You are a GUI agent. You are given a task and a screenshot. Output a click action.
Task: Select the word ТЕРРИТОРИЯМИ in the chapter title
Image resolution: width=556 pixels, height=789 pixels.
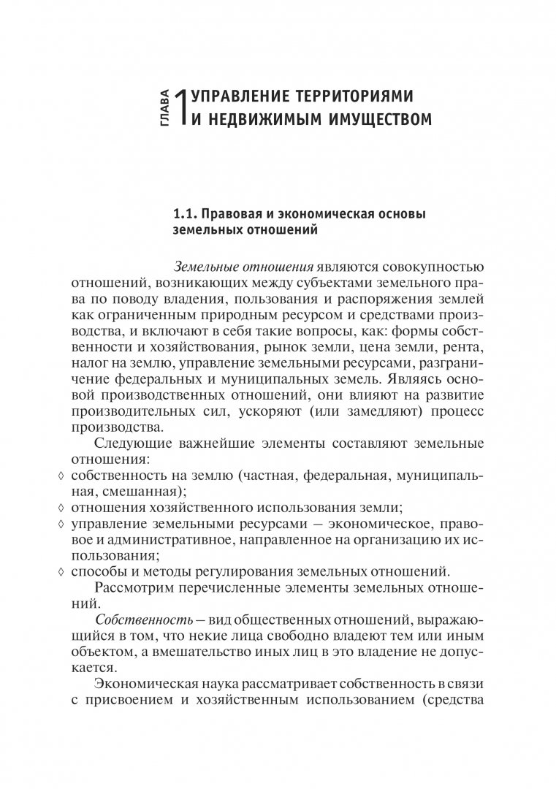321,96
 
